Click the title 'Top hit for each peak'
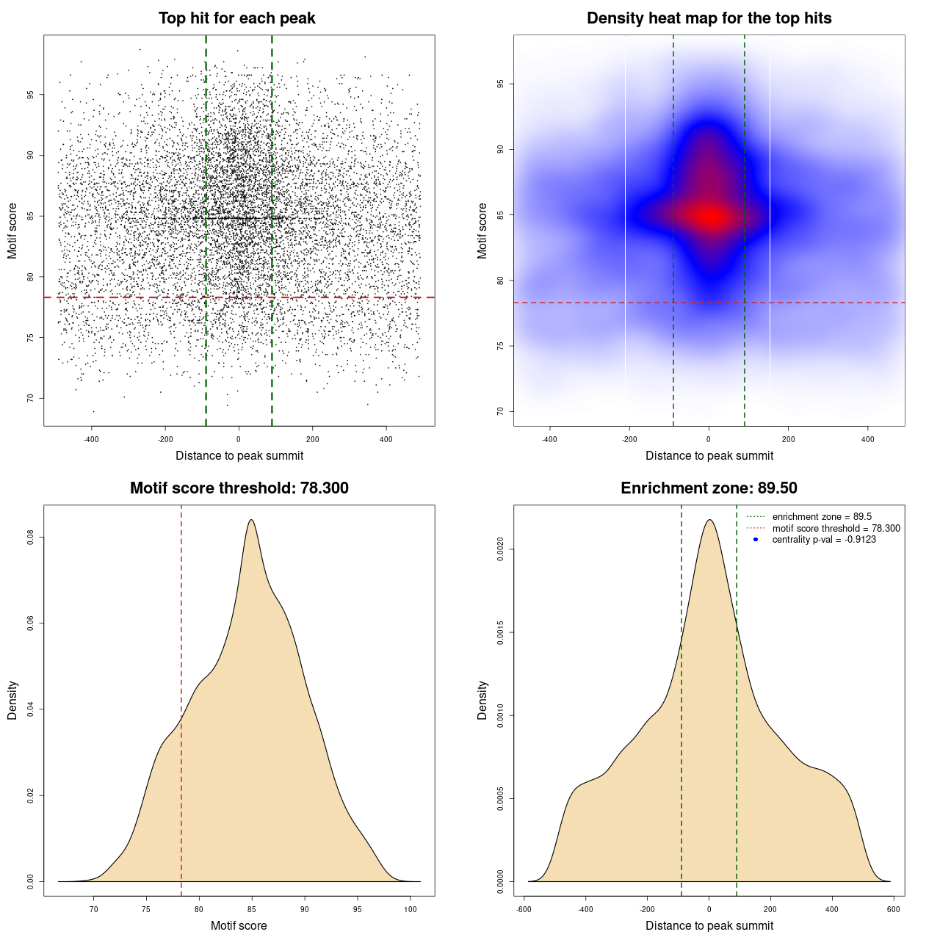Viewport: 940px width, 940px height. [236, 18]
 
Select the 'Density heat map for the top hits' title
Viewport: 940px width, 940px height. [709, 18]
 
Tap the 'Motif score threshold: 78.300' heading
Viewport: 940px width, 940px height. [239, 488]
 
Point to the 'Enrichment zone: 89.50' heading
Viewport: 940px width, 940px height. [709, 488]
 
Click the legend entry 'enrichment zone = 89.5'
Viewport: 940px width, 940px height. [822, 517]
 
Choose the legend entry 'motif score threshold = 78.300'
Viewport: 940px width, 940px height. [836, 529]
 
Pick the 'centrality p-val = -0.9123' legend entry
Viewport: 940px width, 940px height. [824, 540]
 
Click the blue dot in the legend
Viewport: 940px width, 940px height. [756, 540]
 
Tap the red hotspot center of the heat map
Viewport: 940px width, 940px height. [710, 217]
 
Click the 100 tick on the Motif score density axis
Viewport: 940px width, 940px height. [411, 909]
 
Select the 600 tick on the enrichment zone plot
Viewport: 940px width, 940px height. [894, 909]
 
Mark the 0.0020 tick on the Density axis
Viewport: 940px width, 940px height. [501, 549]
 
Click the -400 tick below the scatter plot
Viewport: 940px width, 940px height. [92, 439]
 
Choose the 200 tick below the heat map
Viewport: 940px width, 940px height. [788, 439]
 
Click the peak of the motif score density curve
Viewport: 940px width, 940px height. [251, 520]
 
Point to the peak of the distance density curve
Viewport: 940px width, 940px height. [709, 520]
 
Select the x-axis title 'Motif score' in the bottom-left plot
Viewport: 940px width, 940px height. [239, 925]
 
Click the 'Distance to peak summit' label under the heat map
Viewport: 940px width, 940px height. [709, 455]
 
